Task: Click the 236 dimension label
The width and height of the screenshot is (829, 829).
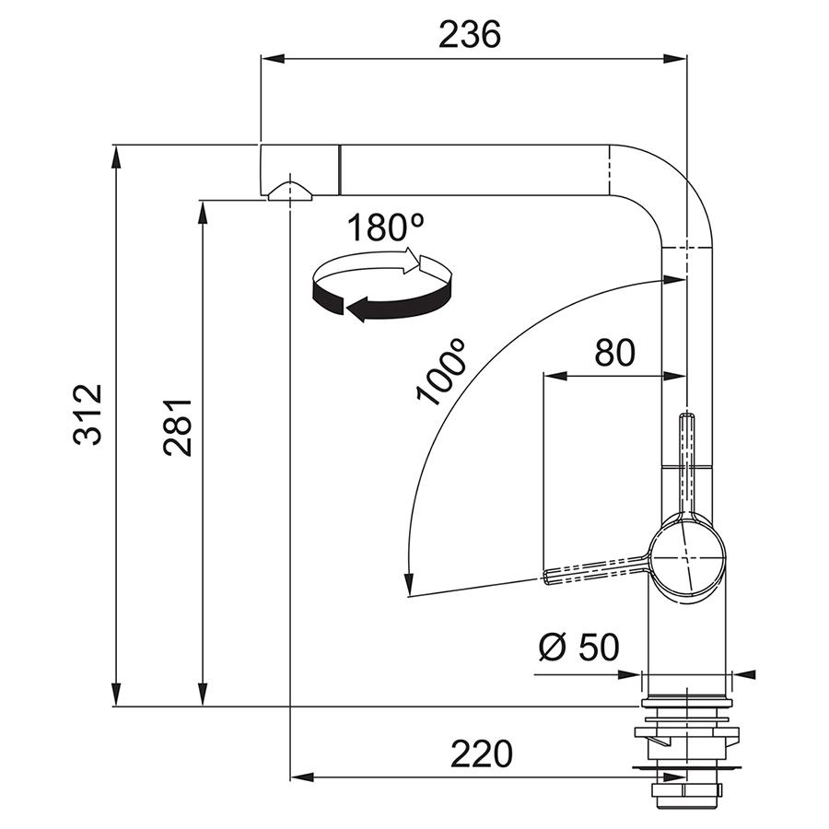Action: (x=470, y=35)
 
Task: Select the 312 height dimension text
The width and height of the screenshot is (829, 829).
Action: (x=88, y=415)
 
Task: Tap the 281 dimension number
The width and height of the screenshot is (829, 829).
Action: (x=177, y=427)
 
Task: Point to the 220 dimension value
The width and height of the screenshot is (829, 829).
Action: (x=482, y=753)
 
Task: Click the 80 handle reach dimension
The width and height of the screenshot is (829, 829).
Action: (x=615, y=353)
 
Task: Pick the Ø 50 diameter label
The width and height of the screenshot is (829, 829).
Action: (x=579, y=647)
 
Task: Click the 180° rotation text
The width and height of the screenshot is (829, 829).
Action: (x=385, y=228)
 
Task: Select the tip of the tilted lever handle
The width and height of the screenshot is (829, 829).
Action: (x=545, y=578)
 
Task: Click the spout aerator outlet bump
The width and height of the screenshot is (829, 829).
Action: (x=290, y=191)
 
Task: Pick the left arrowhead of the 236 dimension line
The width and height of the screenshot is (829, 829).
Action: (x=274, y=58)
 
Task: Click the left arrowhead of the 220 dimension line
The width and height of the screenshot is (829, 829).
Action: (x=303, y=777)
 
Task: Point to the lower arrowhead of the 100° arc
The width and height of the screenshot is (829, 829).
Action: (x=408, y=584)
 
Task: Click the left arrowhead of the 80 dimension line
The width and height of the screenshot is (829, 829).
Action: (x=555, y=376)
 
